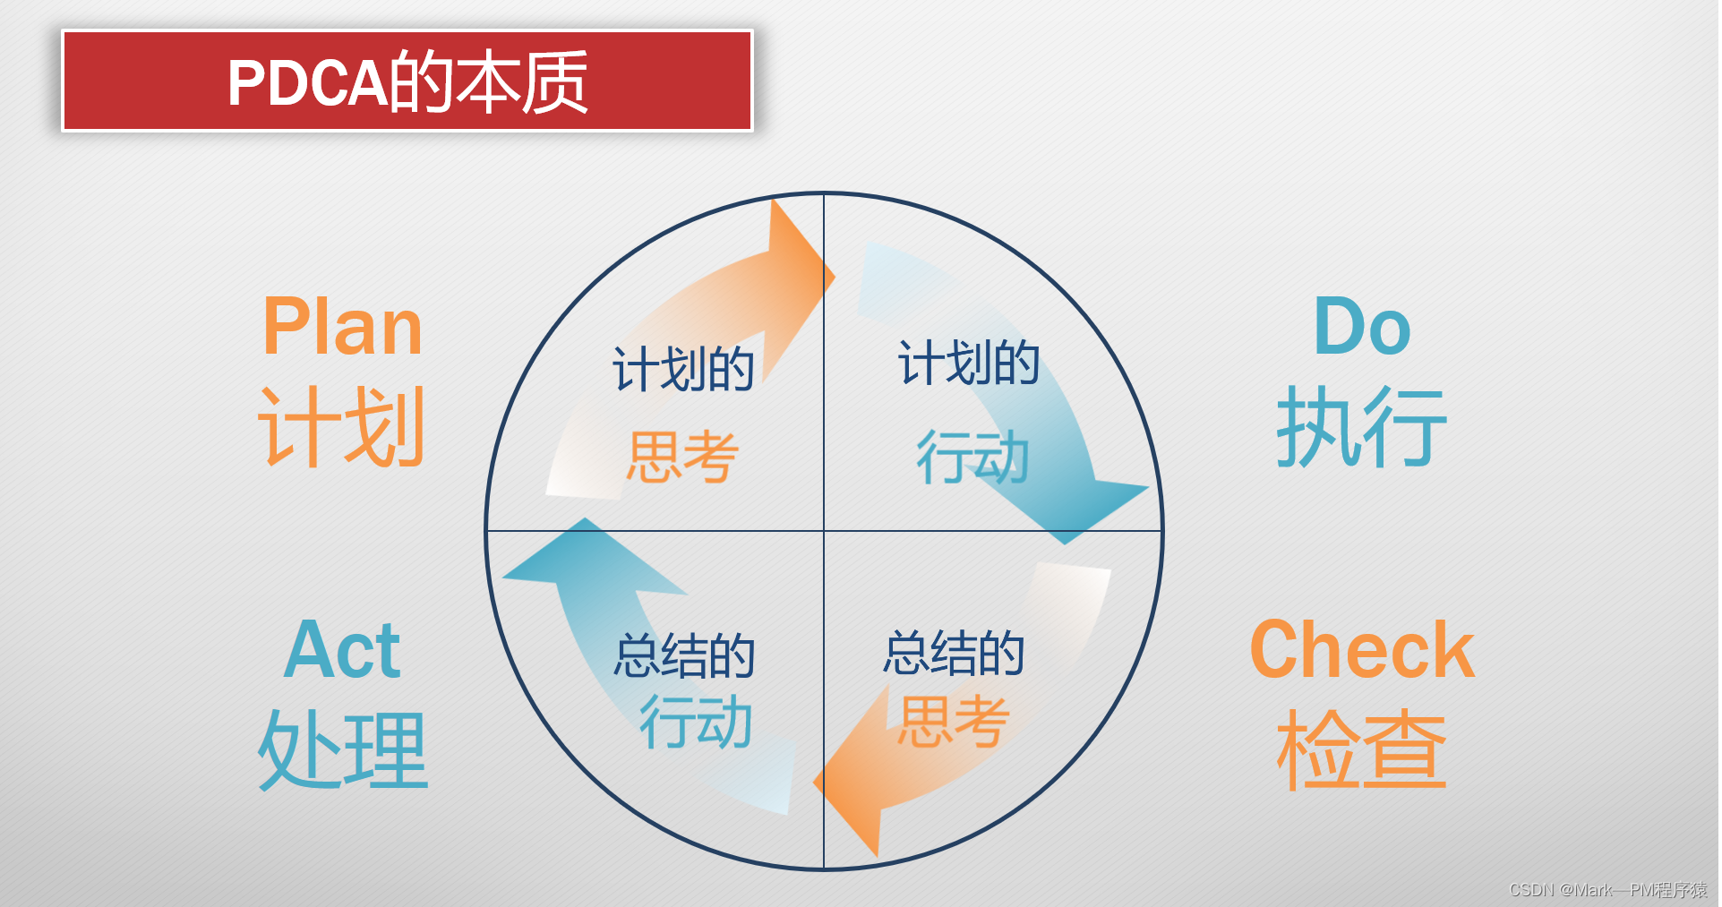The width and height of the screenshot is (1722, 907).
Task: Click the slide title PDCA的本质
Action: (407, 81)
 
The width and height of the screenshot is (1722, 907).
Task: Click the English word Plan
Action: (342, 328)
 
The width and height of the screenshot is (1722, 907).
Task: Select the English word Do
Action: (1361, 328)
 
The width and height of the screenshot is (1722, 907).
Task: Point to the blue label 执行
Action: (1361, 428)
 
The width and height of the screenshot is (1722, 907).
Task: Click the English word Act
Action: (342, 650)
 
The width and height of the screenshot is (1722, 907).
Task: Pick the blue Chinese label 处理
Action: (342, 750)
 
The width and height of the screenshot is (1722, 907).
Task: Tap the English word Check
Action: (1361, 650)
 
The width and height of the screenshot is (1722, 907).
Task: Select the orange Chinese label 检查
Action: (1361, 750)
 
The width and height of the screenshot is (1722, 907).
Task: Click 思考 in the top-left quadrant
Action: (682, 457)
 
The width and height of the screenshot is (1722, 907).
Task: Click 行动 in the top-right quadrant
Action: (972, 457)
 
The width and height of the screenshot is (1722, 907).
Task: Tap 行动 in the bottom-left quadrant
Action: (696, 722)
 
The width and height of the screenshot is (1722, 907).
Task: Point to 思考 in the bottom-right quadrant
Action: (955, 722)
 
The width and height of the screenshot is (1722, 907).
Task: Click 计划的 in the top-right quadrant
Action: (969, 364)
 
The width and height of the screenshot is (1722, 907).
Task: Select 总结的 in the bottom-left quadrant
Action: (685, 655)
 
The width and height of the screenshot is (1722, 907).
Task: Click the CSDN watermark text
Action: (1607, 890)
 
